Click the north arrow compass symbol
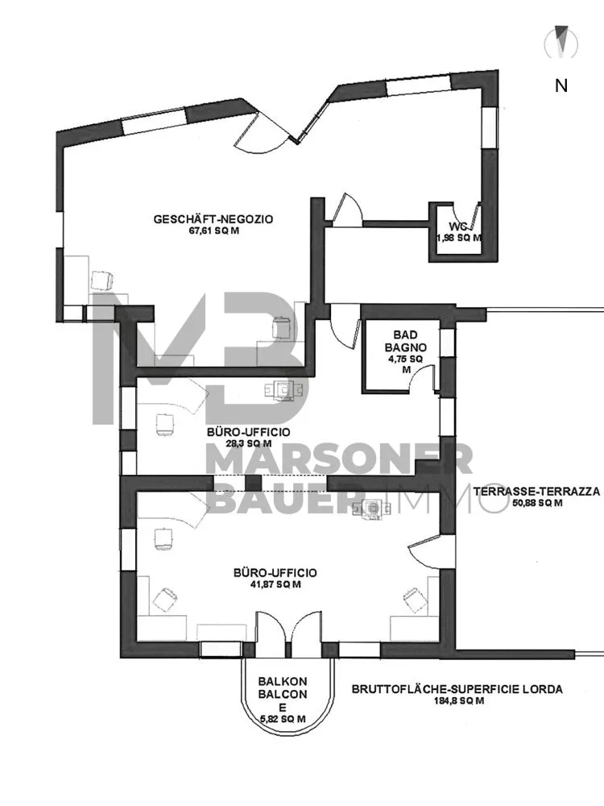click(563, 41)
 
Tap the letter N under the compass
click(561, 85)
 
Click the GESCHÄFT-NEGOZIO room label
click(213, 219)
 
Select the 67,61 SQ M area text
click(214, 231)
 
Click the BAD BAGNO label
click(405, 342)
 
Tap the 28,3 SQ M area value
click(246, 443)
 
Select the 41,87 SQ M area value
click(275, 584)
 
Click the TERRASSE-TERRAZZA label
click(536, 492)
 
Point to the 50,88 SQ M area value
click(537, 503)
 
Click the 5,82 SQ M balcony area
click(283, 719)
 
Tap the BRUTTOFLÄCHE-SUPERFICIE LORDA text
click(457, 689)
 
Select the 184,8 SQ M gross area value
click(457, 700)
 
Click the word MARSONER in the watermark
click(338, 460)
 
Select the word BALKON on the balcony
click(283, 682)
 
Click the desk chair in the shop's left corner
click(102, 280)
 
